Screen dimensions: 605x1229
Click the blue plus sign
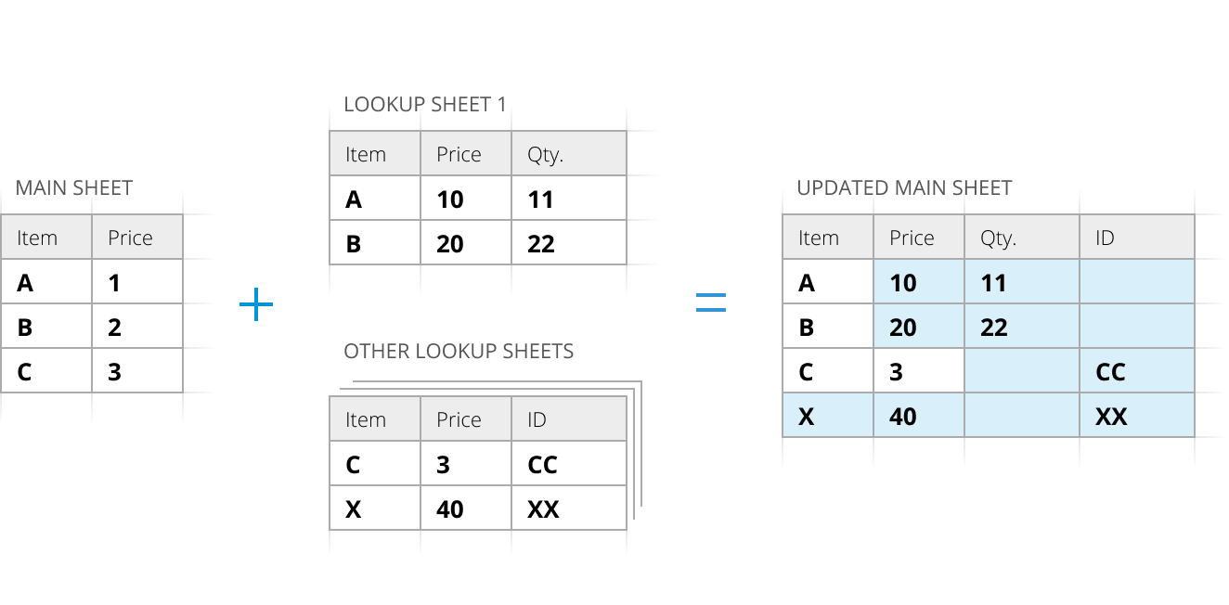click(x=255, y=304)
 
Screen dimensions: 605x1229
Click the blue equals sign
click(x=711, y=302)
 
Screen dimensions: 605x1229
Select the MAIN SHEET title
click(x=74, y=188)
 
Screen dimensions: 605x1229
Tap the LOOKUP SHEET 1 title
click(x=425, y=105)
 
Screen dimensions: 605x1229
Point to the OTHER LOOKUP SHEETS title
click(x=459, y=352)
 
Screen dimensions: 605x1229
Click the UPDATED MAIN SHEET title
click(x=904, y=188)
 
